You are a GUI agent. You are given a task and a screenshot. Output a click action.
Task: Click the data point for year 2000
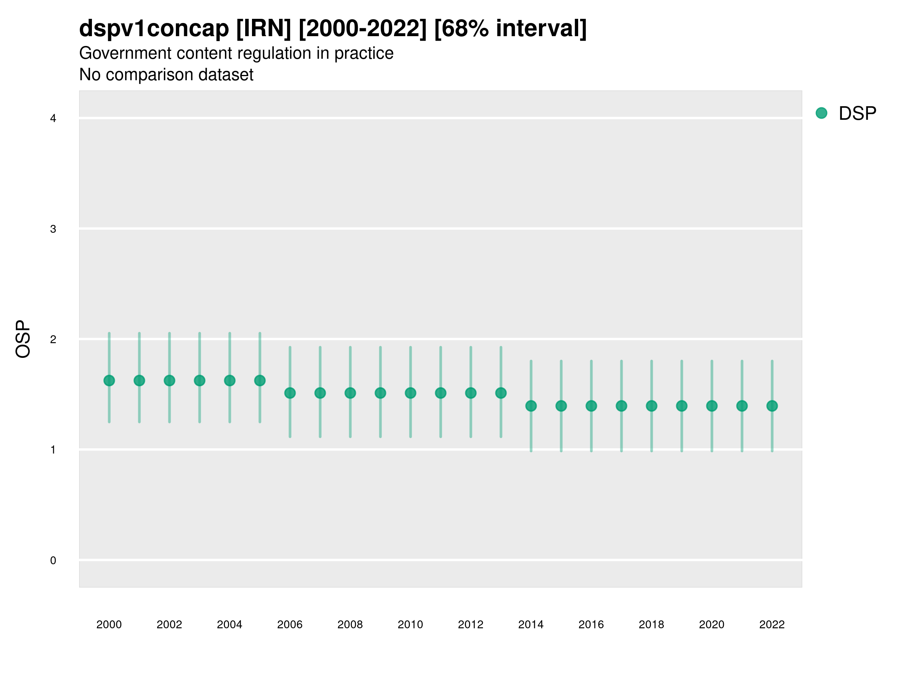pyautogui.click(x=109, y=380)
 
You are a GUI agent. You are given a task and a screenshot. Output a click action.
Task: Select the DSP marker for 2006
pyautogui.click(x=290, y=393)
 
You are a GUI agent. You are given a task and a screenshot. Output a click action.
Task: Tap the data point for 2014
pyautogui.click(x=531, y=406)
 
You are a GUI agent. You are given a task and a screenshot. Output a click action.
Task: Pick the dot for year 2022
pyautogui.click(x=772, y=406)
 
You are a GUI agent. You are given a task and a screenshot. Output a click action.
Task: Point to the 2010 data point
pyautogui.click(x=410, y=393)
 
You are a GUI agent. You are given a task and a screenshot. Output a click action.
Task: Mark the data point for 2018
pyautogui.click(x=651, y=406)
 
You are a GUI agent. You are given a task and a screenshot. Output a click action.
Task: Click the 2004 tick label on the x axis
pyautogui.click(x=229, y=625)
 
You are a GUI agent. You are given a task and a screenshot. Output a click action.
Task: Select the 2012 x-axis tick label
pyautogui.click(x=470, y=625)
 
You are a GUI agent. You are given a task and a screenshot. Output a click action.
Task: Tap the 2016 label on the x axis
pyautogui.click(x=591, y=625)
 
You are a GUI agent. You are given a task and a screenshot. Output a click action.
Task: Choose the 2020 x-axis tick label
pyautogui.click(x=712, y=625)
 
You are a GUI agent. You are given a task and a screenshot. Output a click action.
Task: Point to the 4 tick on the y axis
pyautogui.click(x=53, y=119)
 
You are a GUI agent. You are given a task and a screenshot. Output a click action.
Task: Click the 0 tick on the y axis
pyautogui.click(x=53, y=560)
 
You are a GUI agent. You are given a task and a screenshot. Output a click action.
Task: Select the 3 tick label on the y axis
pyautogui.click(x=53, y=229)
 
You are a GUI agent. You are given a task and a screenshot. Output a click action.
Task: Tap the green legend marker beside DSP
pyautogui.click(x=821, y=113)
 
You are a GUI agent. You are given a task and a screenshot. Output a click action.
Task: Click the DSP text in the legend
pyautogui.click(x=857, y=114)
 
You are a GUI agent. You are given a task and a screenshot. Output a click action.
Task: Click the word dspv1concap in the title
pyautogui.click(x=154, y=29)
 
